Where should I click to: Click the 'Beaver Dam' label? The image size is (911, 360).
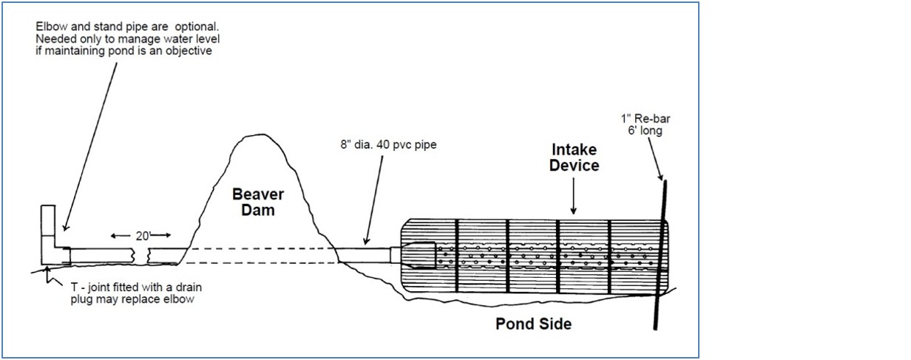pyautogui.click(x=258, y=202)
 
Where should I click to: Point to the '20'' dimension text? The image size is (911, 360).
pyautogui.click(x=140, y=236)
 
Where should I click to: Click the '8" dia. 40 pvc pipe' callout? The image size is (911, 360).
pyautogui.click(x=384, y=145)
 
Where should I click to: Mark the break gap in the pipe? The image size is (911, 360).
pyautogui.click(x=143, y=256)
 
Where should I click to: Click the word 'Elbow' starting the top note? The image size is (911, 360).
pyautogui.click(x=50, y=26)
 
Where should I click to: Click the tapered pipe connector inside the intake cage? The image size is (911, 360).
pyautogui.click(x=419, y=254)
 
